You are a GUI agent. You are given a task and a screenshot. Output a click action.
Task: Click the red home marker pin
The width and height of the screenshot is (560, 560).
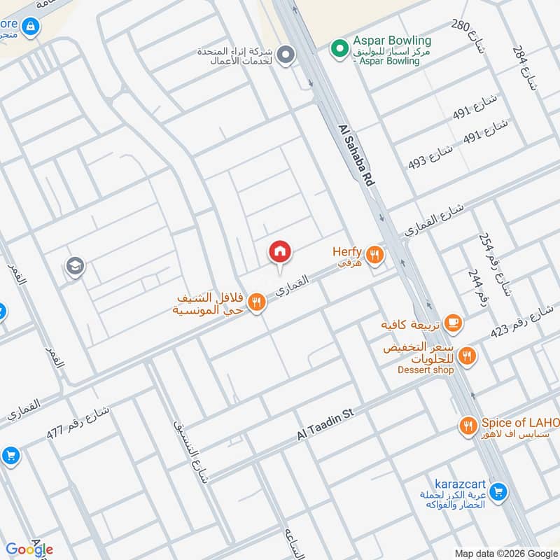280,251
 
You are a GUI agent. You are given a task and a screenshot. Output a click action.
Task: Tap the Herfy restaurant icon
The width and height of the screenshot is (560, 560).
375,255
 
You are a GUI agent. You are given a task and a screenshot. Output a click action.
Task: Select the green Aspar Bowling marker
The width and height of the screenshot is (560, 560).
339,49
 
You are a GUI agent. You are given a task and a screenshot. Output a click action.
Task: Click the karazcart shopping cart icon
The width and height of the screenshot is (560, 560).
498,493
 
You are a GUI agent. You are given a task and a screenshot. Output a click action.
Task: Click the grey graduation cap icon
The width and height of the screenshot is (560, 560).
74,266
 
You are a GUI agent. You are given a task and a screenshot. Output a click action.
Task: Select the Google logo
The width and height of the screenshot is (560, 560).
29,549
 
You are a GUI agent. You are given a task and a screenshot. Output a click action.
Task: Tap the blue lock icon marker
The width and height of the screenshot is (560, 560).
30,27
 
